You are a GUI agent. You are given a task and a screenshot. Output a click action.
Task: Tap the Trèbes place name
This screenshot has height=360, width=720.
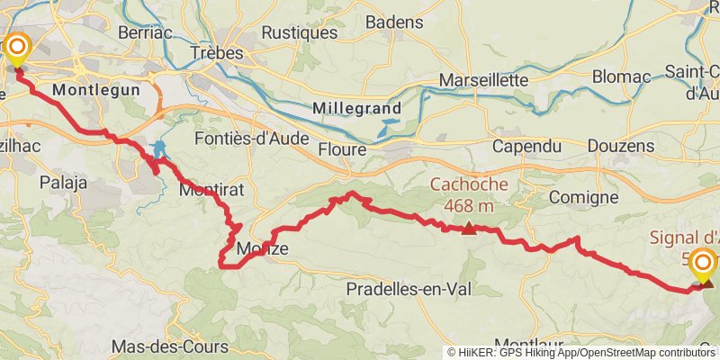[x=217, y=54]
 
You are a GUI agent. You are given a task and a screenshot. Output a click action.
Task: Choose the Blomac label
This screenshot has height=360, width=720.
[x=620, y=76]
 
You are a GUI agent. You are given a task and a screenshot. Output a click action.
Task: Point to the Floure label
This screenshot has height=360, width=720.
[x=343, y=149]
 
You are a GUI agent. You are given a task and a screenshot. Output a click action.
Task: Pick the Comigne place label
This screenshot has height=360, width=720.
[x=582, y=197]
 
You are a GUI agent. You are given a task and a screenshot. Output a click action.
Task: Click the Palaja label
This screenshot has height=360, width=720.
[x=63, y=183]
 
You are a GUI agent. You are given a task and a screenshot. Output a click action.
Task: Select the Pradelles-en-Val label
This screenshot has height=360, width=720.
[x=410, y=289]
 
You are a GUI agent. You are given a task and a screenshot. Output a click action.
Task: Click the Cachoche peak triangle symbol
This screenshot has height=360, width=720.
[x=468, y=228]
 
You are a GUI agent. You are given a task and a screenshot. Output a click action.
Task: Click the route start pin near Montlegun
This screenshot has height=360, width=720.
[x=16, y=49]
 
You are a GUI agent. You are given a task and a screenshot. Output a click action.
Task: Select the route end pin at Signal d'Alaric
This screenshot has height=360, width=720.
[x=705, y=265]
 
